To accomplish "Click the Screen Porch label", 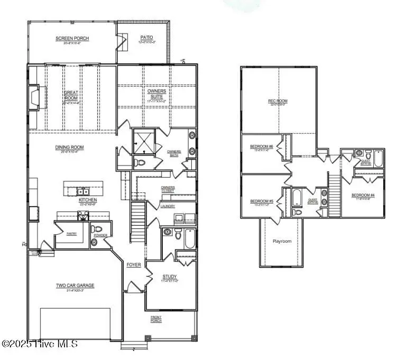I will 72,39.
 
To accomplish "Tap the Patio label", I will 146,38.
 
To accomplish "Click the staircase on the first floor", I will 137,223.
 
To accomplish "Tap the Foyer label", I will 133,265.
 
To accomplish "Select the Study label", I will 169,276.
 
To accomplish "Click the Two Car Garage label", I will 75,286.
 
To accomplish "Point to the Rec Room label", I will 278,101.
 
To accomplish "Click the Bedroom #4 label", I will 363,196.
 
